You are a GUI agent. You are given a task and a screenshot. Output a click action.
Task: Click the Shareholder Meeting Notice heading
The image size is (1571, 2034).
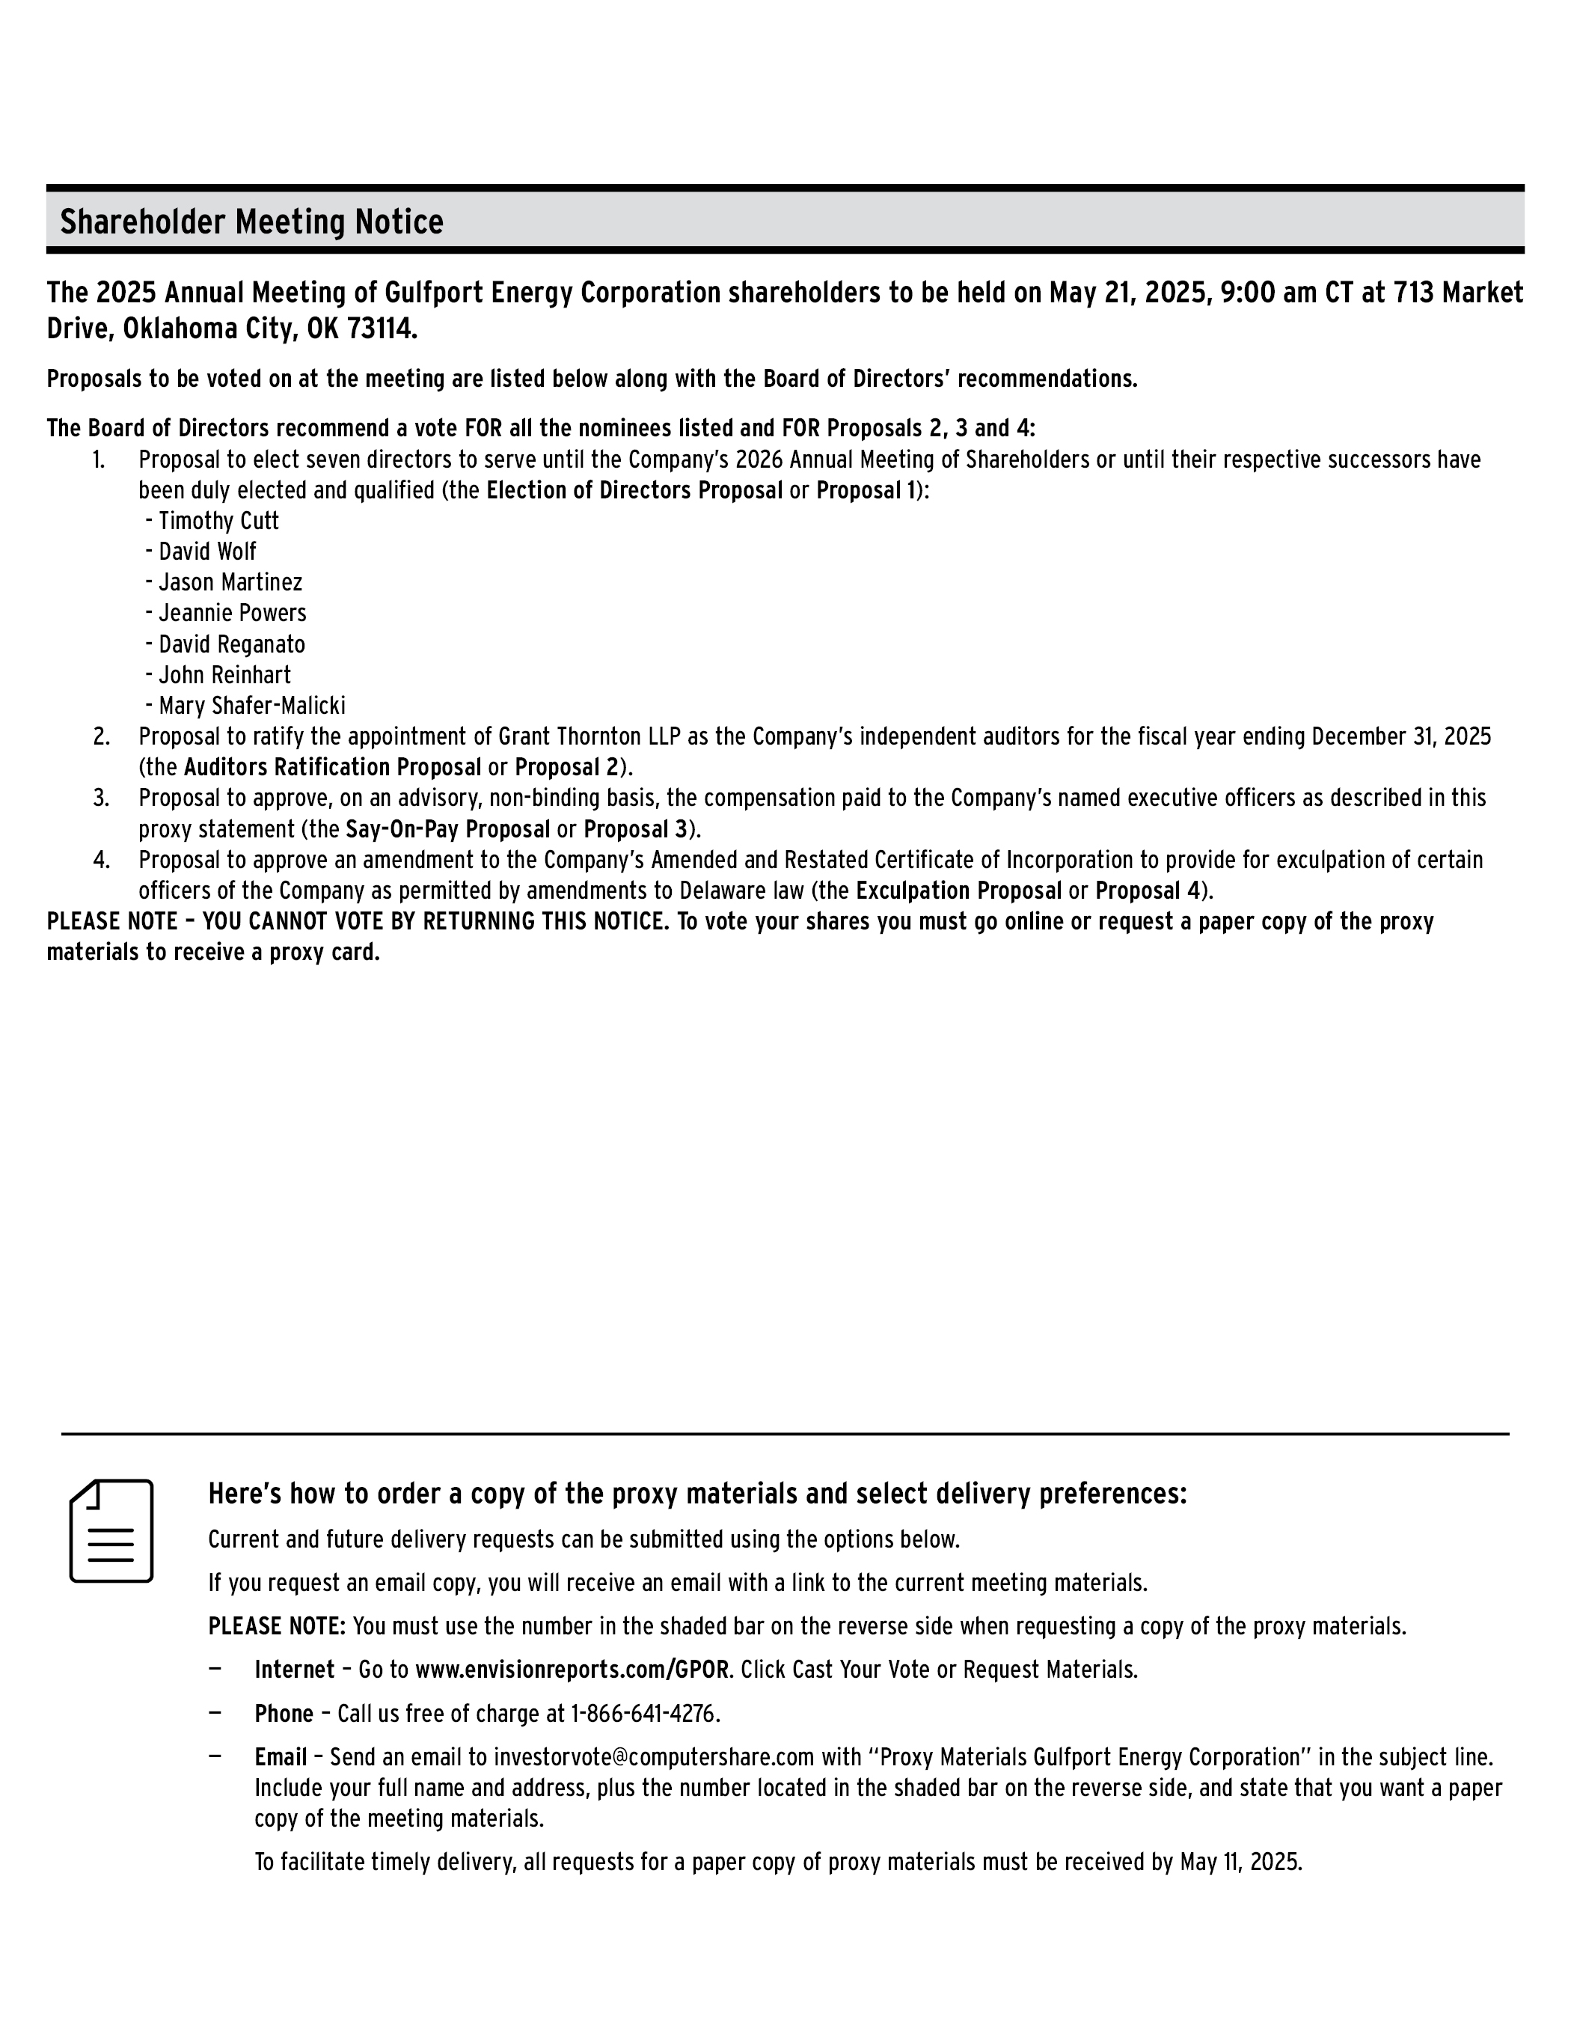click(x=251, y=222)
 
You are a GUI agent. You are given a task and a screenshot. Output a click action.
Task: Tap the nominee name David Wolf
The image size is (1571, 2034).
click(x=206, y=552)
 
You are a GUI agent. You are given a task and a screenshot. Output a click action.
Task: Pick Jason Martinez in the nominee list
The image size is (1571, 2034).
click(x=230, y=582)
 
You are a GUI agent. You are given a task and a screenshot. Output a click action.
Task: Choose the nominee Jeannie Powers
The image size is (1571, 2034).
click(x=232, y=613)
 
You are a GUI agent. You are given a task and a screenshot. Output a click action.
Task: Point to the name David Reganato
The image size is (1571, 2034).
click(x=231, y=644)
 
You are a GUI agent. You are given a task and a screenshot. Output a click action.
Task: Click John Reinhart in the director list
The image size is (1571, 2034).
click(x=224, y=675)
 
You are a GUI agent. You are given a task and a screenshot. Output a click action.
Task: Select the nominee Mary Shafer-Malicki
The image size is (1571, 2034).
click(x=251, y=706)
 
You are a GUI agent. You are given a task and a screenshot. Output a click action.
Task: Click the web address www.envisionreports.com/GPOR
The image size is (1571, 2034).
click(x=571, y=1670)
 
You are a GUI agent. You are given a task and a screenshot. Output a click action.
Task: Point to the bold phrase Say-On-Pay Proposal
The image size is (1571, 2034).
click(x=448, y=829)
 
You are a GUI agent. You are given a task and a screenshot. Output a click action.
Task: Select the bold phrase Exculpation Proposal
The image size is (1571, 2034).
click(x=958, y=891)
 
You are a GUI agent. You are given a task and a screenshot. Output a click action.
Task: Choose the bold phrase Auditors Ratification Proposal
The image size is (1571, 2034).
click(x=332, y=767)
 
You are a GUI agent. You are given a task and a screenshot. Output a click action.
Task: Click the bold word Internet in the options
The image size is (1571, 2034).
click(x=294, y=1670)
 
